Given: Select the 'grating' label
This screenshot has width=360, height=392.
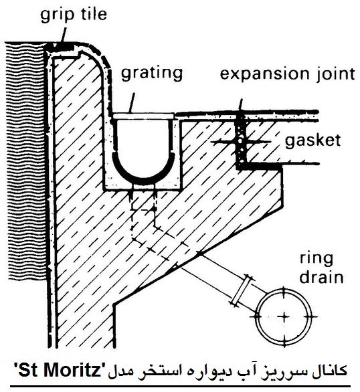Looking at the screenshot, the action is [x=152, y=74].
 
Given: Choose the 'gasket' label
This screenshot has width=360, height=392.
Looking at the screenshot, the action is [x=312, y=140].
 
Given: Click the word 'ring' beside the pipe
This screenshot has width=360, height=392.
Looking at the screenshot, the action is [x=317, y=261].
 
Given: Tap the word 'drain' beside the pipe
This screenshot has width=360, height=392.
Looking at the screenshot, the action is [x=321, y=277].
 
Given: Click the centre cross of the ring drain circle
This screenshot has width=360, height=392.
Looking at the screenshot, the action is [x=284, y=317].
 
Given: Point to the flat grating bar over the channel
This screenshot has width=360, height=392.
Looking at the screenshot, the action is [x=143, y=116].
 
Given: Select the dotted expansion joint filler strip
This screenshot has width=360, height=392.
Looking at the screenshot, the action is [x=242, y=142].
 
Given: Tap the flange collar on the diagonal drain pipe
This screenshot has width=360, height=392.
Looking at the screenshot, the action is [x=241, y=291].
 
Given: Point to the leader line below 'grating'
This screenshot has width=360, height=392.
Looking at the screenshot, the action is [x=132, y=103].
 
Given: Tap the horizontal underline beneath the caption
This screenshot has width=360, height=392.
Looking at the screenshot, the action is [x=181, y=386].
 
